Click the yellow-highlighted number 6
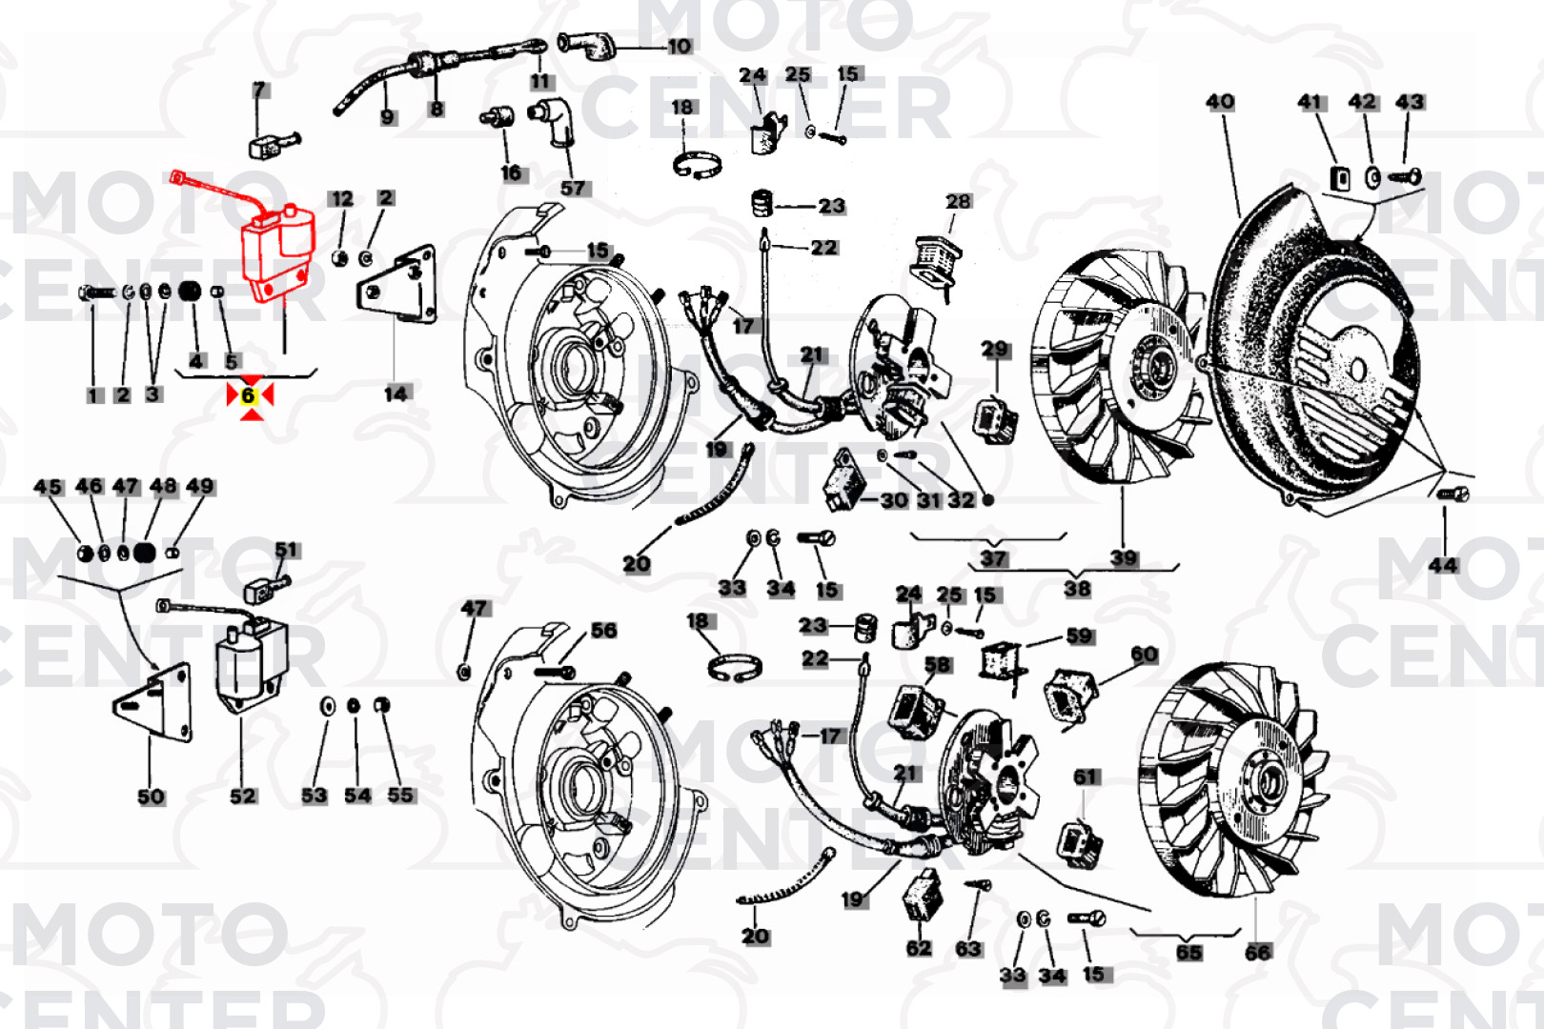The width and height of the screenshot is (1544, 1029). tap(249, 395)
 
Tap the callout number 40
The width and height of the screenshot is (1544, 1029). tap(1220, 102)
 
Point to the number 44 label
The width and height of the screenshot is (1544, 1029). tap(1443, 565)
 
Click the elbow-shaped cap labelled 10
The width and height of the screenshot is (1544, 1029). tap(586, 46)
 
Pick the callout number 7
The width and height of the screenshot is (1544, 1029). tap(259, 90)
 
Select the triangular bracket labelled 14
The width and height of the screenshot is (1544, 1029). tap(397, 284)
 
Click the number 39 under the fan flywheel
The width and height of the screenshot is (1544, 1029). tap(1124, 557)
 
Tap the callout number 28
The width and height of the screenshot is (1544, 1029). tap(958, 201)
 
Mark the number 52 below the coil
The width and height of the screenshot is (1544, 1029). tap(243, 796)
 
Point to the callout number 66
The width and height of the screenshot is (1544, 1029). tap(1257, 953)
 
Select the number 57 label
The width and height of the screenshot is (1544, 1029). tap(573, 188)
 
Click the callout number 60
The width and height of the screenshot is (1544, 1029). tap(1145, 654)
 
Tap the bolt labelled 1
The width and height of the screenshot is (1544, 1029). tap(97, 293)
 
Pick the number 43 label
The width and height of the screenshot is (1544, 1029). tap(1409, 102)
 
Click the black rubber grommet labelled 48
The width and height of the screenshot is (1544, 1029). tap(144, 552)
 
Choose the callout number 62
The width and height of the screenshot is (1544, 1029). tap(918, 948)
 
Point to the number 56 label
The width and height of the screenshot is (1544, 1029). tap(604, 631)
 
